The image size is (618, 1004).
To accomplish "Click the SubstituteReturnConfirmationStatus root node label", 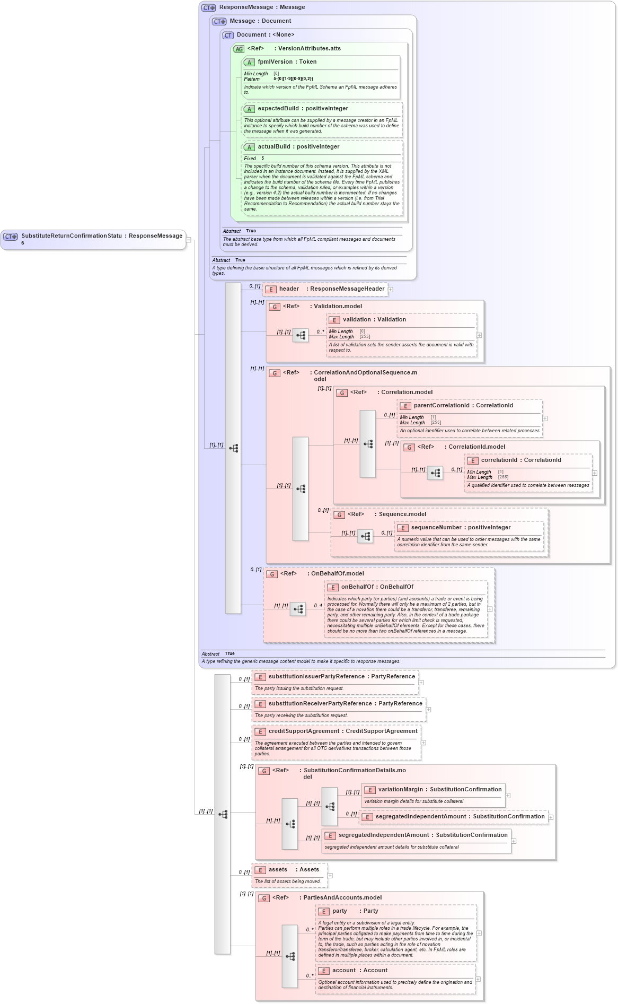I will point(72,236).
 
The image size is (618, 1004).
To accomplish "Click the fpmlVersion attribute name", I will point(275,62).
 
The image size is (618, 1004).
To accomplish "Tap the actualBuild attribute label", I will point(274,147).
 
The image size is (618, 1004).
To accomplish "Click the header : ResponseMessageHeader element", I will point(331,289).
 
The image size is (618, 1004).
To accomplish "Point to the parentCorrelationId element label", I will point(441,406).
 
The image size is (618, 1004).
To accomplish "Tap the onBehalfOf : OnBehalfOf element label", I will point(377,587).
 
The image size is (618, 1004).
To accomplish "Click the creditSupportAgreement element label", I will point(304,731).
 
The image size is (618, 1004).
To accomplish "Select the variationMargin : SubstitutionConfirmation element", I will point(439,790).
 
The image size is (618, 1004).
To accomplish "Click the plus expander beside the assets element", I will point(330,876).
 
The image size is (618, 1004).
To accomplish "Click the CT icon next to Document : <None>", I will point(228,35).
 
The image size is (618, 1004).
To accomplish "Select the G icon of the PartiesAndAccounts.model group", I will point(264,898).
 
